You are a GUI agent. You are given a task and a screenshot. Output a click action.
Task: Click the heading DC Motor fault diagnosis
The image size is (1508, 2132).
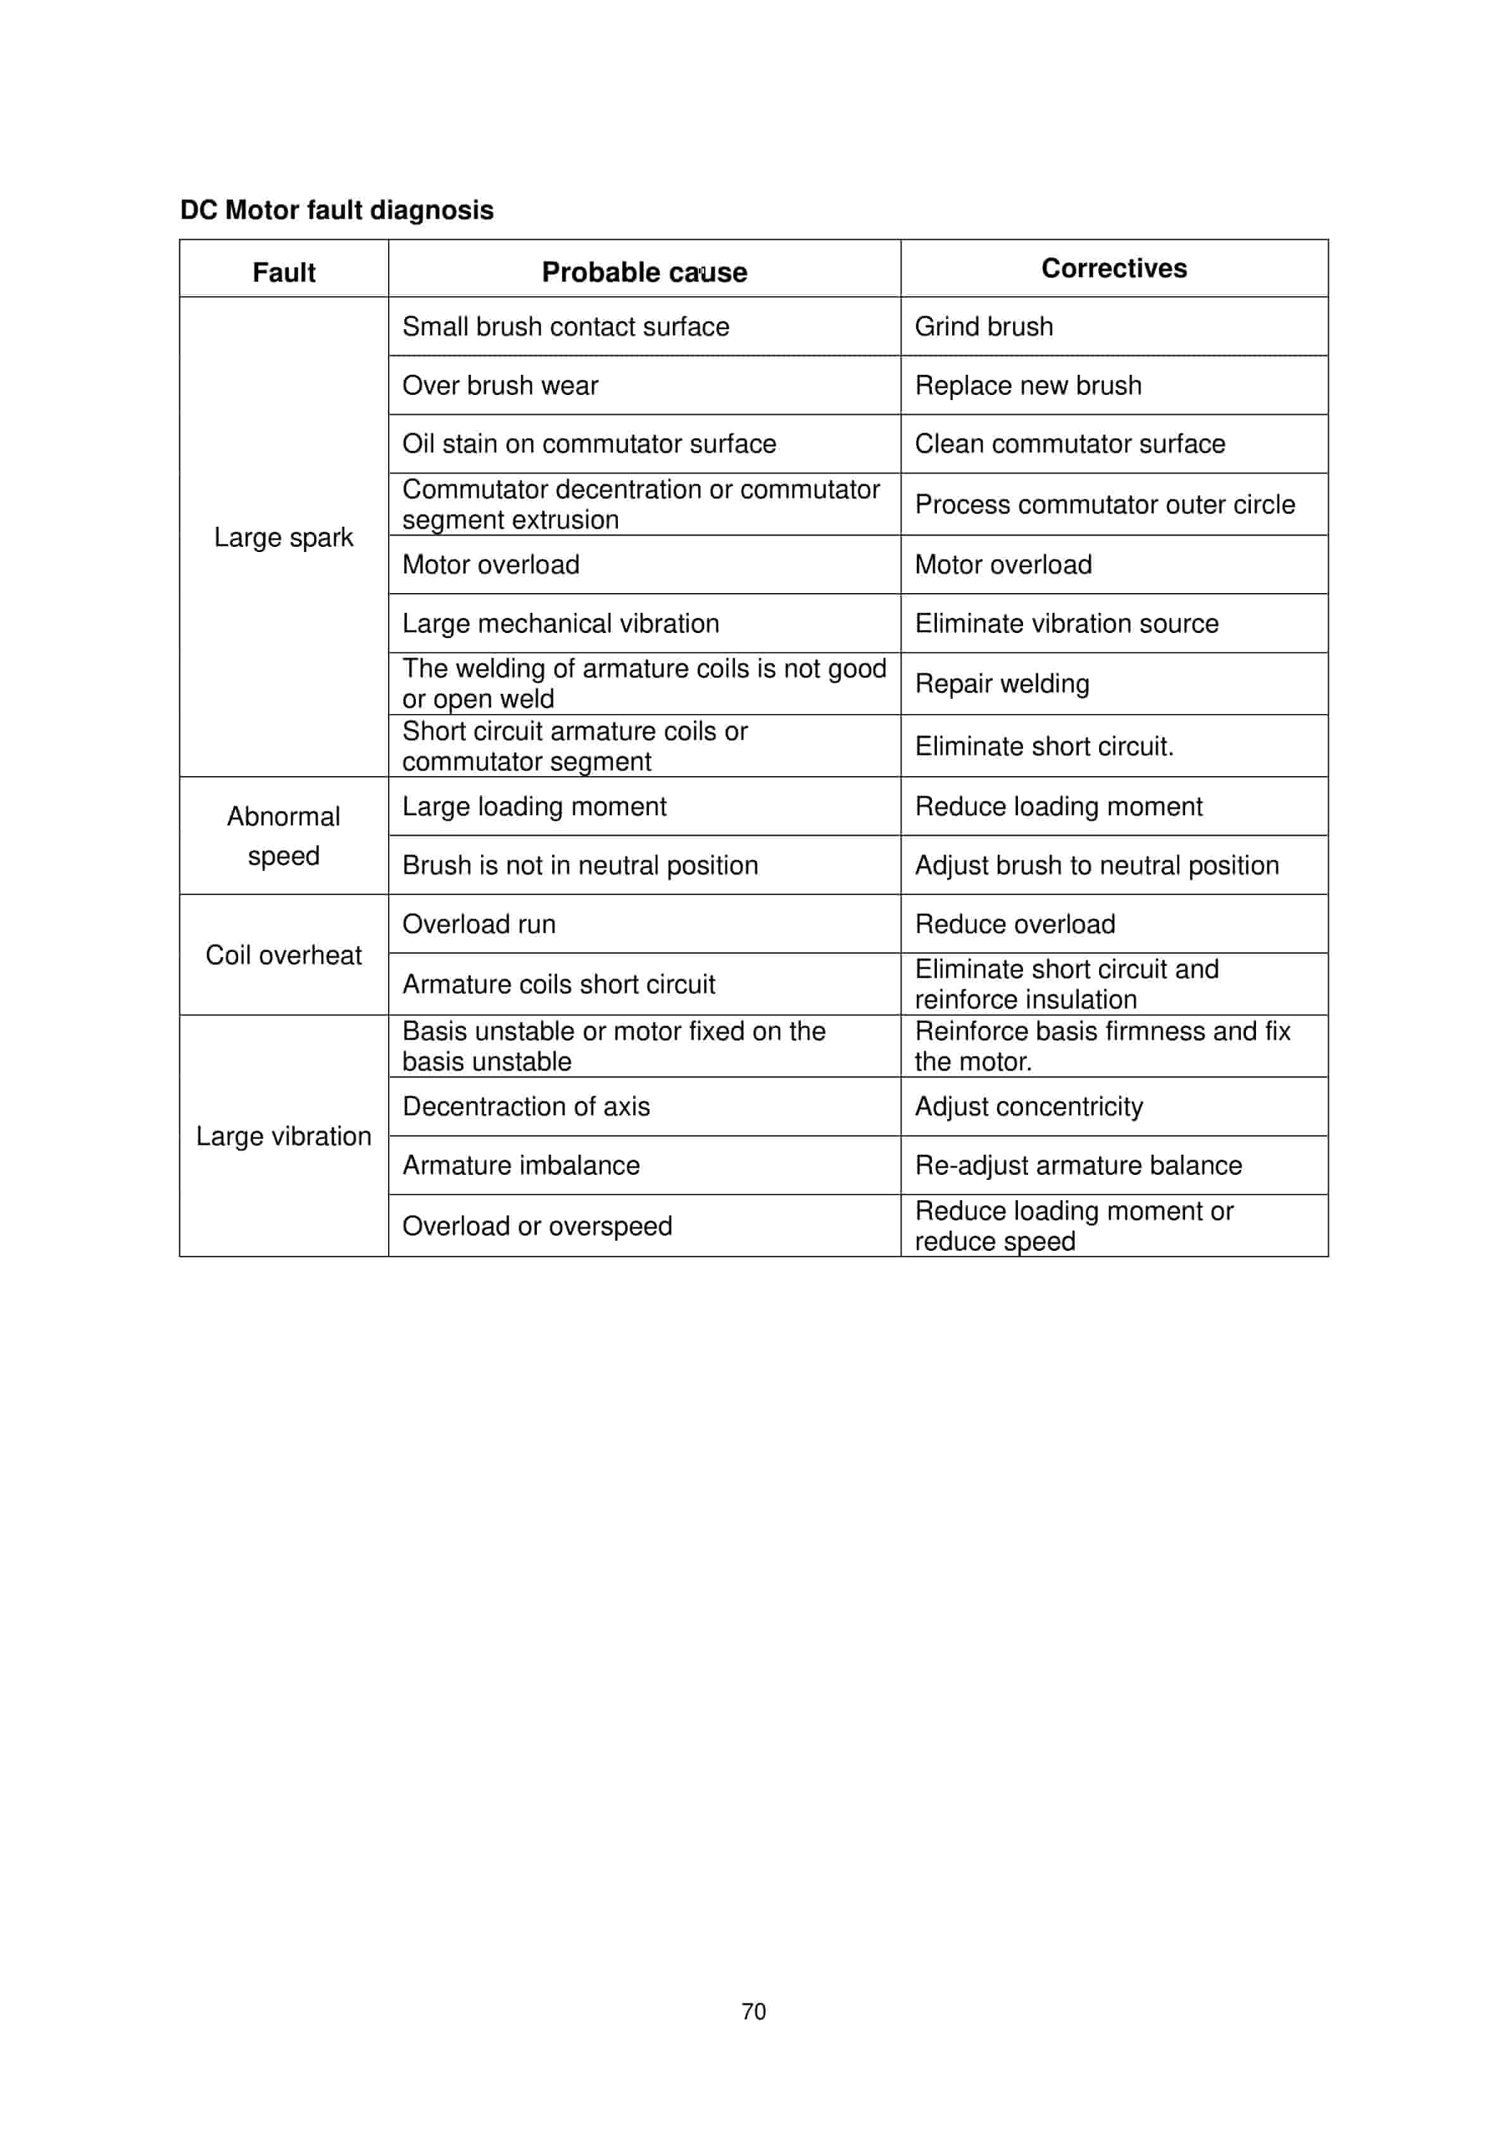click(x=336, y=210)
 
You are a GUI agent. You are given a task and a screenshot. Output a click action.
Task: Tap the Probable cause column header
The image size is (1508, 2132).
click(x=644, y=272)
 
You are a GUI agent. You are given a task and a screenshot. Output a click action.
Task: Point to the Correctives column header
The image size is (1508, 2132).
click(x=1114, y=268)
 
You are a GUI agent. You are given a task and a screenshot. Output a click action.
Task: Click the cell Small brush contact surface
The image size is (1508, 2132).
click(x=565, y=327)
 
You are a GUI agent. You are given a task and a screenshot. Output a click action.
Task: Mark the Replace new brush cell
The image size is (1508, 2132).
click(x=1028, y=386)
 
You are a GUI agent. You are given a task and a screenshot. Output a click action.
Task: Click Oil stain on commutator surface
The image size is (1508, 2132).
click(x=589, y=444)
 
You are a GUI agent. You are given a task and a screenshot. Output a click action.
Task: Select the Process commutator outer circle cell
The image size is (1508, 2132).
click(x=1104, y=505)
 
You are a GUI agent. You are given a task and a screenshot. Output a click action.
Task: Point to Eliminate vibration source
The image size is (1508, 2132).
click(x=1066, y=623)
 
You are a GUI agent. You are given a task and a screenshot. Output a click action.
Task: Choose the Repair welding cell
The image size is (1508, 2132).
click(x=1002, y=684)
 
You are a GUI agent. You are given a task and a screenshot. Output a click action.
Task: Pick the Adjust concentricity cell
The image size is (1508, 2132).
click(x=1028, y=1107)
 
